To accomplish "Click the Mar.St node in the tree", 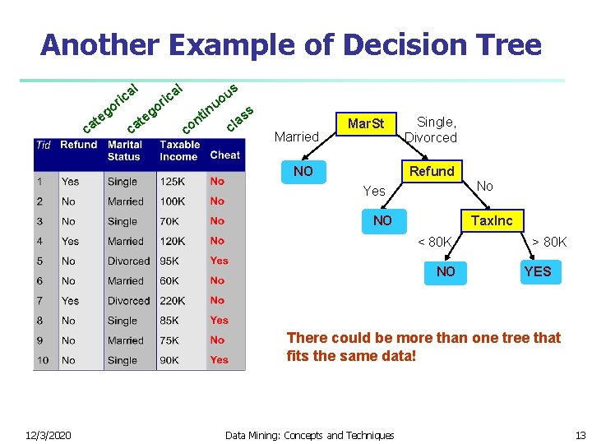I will (366, 124).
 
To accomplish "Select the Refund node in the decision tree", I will (432, 171).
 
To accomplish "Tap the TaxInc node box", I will (491, 220).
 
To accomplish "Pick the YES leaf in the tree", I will (537, 271).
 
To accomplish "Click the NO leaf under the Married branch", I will (303, 172).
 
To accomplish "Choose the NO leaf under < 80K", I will (446, 271).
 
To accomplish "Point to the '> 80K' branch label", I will (548, 242).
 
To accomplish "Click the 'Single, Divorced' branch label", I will (432, 130).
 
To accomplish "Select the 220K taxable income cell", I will (173, 301).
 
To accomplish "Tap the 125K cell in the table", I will (173, 182).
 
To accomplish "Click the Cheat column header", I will (224, 155).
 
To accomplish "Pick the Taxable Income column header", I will (179, 150).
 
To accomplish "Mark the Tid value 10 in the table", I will (43, 360).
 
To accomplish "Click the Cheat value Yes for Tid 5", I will (219, 261).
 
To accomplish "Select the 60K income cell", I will (170, 281).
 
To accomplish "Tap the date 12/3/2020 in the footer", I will (47, 435).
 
